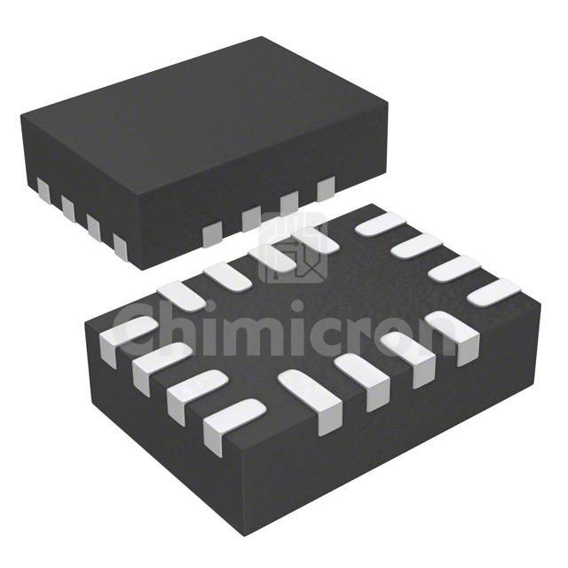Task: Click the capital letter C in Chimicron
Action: coord(141,331)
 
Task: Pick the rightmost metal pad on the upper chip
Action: coord(325,187)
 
